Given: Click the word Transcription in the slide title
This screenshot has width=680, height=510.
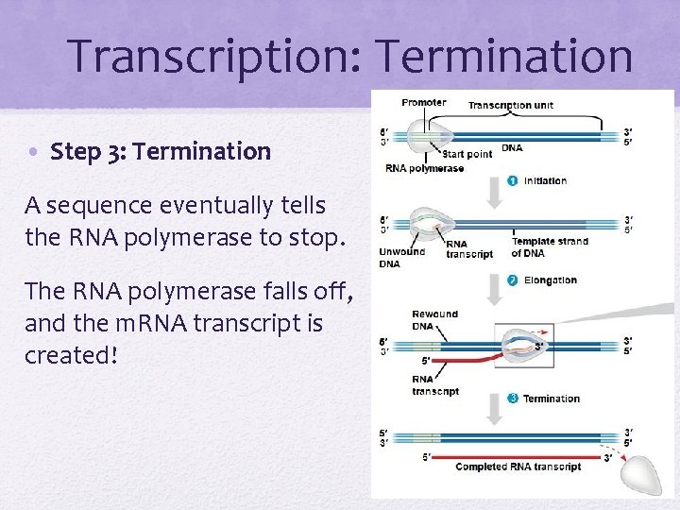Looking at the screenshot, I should pos(199,55).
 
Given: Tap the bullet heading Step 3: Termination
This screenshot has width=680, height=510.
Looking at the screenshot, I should pos(161,151).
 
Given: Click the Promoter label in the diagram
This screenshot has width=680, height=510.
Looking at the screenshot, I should pos(424,102).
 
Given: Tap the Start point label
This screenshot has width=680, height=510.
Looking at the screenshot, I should pos(467,154).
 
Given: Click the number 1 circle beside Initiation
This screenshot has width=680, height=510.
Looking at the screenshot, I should pos(512,180).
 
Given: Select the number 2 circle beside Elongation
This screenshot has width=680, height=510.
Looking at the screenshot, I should pos(512,280).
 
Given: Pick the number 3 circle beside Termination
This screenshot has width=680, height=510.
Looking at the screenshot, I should pos(512,398).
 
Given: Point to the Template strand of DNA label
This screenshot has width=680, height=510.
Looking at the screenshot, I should pos(549,246).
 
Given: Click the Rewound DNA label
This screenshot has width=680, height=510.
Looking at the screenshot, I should pos(433,319).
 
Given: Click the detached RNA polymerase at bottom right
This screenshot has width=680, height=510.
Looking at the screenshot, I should pos(641,472).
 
